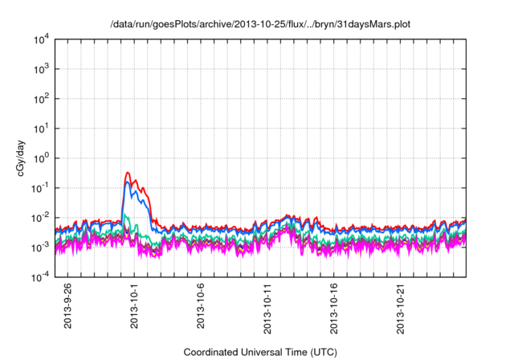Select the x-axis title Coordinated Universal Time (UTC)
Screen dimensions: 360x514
260,353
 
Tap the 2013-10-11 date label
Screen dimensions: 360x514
268,308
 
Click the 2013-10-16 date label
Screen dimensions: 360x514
335,308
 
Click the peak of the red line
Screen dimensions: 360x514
128,172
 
